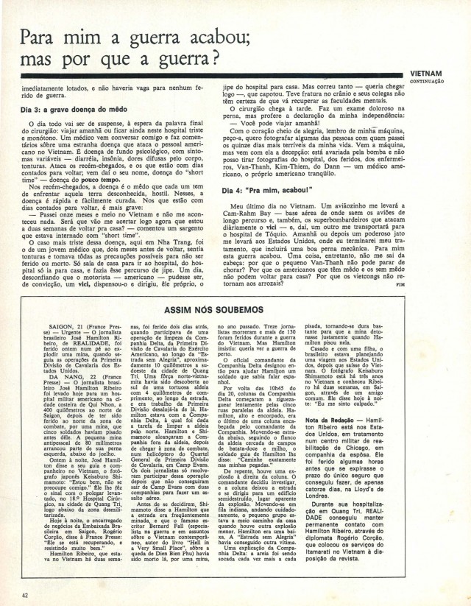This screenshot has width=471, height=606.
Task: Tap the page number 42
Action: (x=25, y=594)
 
